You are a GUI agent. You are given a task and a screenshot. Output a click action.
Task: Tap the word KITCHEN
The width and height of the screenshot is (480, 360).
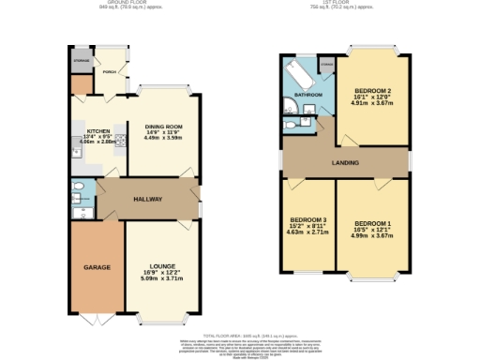pos(99,131)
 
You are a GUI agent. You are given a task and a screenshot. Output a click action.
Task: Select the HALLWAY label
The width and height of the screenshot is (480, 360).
pos(147,199)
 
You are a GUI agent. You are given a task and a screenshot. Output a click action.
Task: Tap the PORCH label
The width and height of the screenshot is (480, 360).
pos(110,72)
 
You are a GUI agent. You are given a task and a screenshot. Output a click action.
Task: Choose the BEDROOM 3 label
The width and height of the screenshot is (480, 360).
pos(307,219)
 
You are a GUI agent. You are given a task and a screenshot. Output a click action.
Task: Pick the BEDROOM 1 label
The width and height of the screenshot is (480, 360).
pos(372,222)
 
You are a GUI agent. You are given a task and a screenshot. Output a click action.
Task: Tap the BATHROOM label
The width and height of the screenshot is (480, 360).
pos(308,95)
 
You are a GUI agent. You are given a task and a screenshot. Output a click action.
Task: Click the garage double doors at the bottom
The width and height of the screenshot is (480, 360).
pos(96,319)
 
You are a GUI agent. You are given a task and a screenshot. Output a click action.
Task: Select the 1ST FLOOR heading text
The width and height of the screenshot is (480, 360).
pos(345,4)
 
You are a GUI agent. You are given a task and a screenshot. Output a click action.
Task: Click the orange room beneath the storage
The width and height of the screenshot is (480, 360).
pos(82,85)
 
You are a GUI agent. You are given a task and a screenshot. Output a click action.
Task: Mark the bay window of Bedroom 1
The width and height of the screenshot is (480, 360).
pos(371,278)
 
